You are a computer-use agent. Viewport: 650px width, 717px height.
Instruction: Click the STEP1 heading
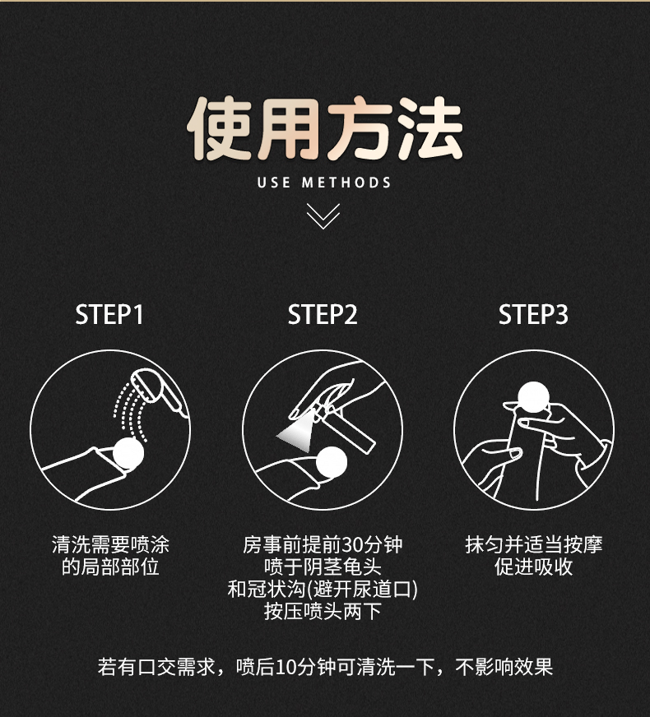tap(109, 315)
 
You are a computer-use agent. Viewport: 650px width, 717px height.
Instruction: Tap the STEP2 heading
tap(323, 315)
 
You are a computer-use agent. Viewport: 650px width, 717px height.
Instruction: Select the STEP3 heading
tap(533, 315)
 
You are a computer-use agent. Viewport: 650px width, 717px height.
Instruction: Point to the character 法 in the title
tap(429, 128)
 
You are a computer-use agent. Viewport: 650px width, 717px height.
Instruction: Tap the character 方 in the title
tap(360, 128)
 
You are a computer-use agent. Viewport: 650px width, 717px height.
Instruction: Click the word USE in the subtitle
tap(273, 183)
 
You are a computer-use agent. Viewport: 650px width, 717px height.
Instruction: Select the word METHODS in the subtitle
tap(346, 183)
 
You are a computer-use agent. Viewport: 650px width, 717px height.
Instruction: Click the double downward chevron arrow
tap(323, 215)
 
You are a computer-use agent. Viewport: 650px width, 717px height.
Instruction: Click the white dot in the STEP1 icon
tap(128, 453)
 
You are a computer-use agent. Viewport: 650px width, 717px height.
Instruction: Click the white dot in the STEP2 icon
tap(332, 462)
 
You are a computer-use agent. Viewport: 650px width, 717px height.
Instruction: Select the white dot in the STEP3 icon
tap(533, 397)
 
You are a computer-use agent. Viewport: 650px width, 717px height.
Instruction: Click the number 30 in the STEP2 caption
tap(352, 544)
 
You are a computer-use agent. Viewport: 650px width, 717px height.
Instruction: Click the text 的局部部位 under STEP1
tap(110, 567)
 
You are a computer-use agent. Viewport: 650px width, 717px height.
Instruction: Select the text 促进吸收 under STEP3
tap(533, 567)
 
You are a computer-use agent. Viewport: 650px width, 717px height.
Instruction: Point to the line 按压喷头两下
tap(323, 612)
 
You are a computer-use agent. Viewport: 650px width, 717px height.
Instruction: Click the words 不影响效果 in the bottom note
tap(504, 667)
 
